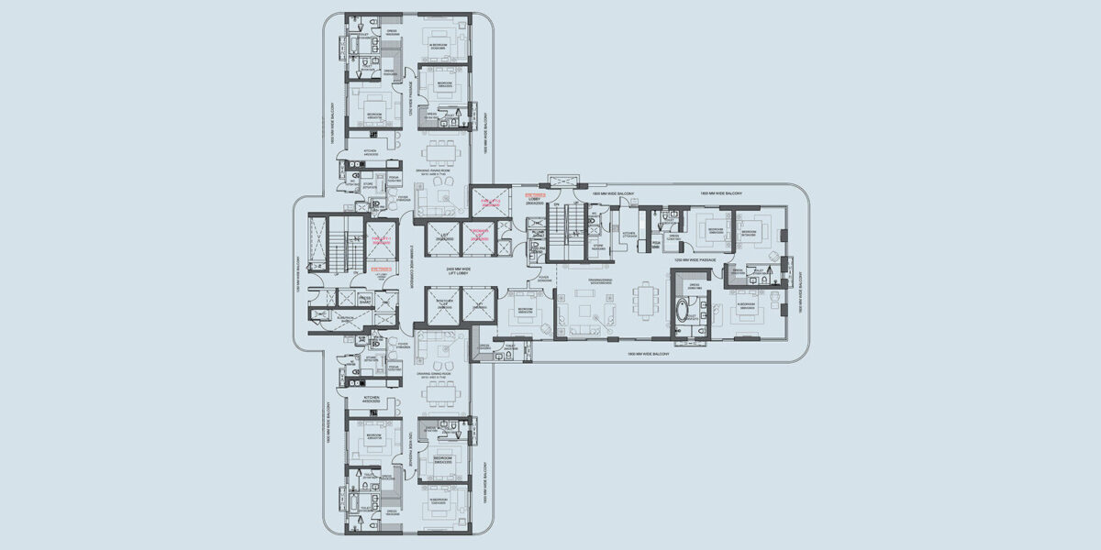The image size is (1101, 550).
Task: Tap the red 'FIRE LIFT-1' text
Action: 382,240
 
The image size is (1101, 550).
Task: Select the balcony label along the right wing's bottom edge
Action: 650,354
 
